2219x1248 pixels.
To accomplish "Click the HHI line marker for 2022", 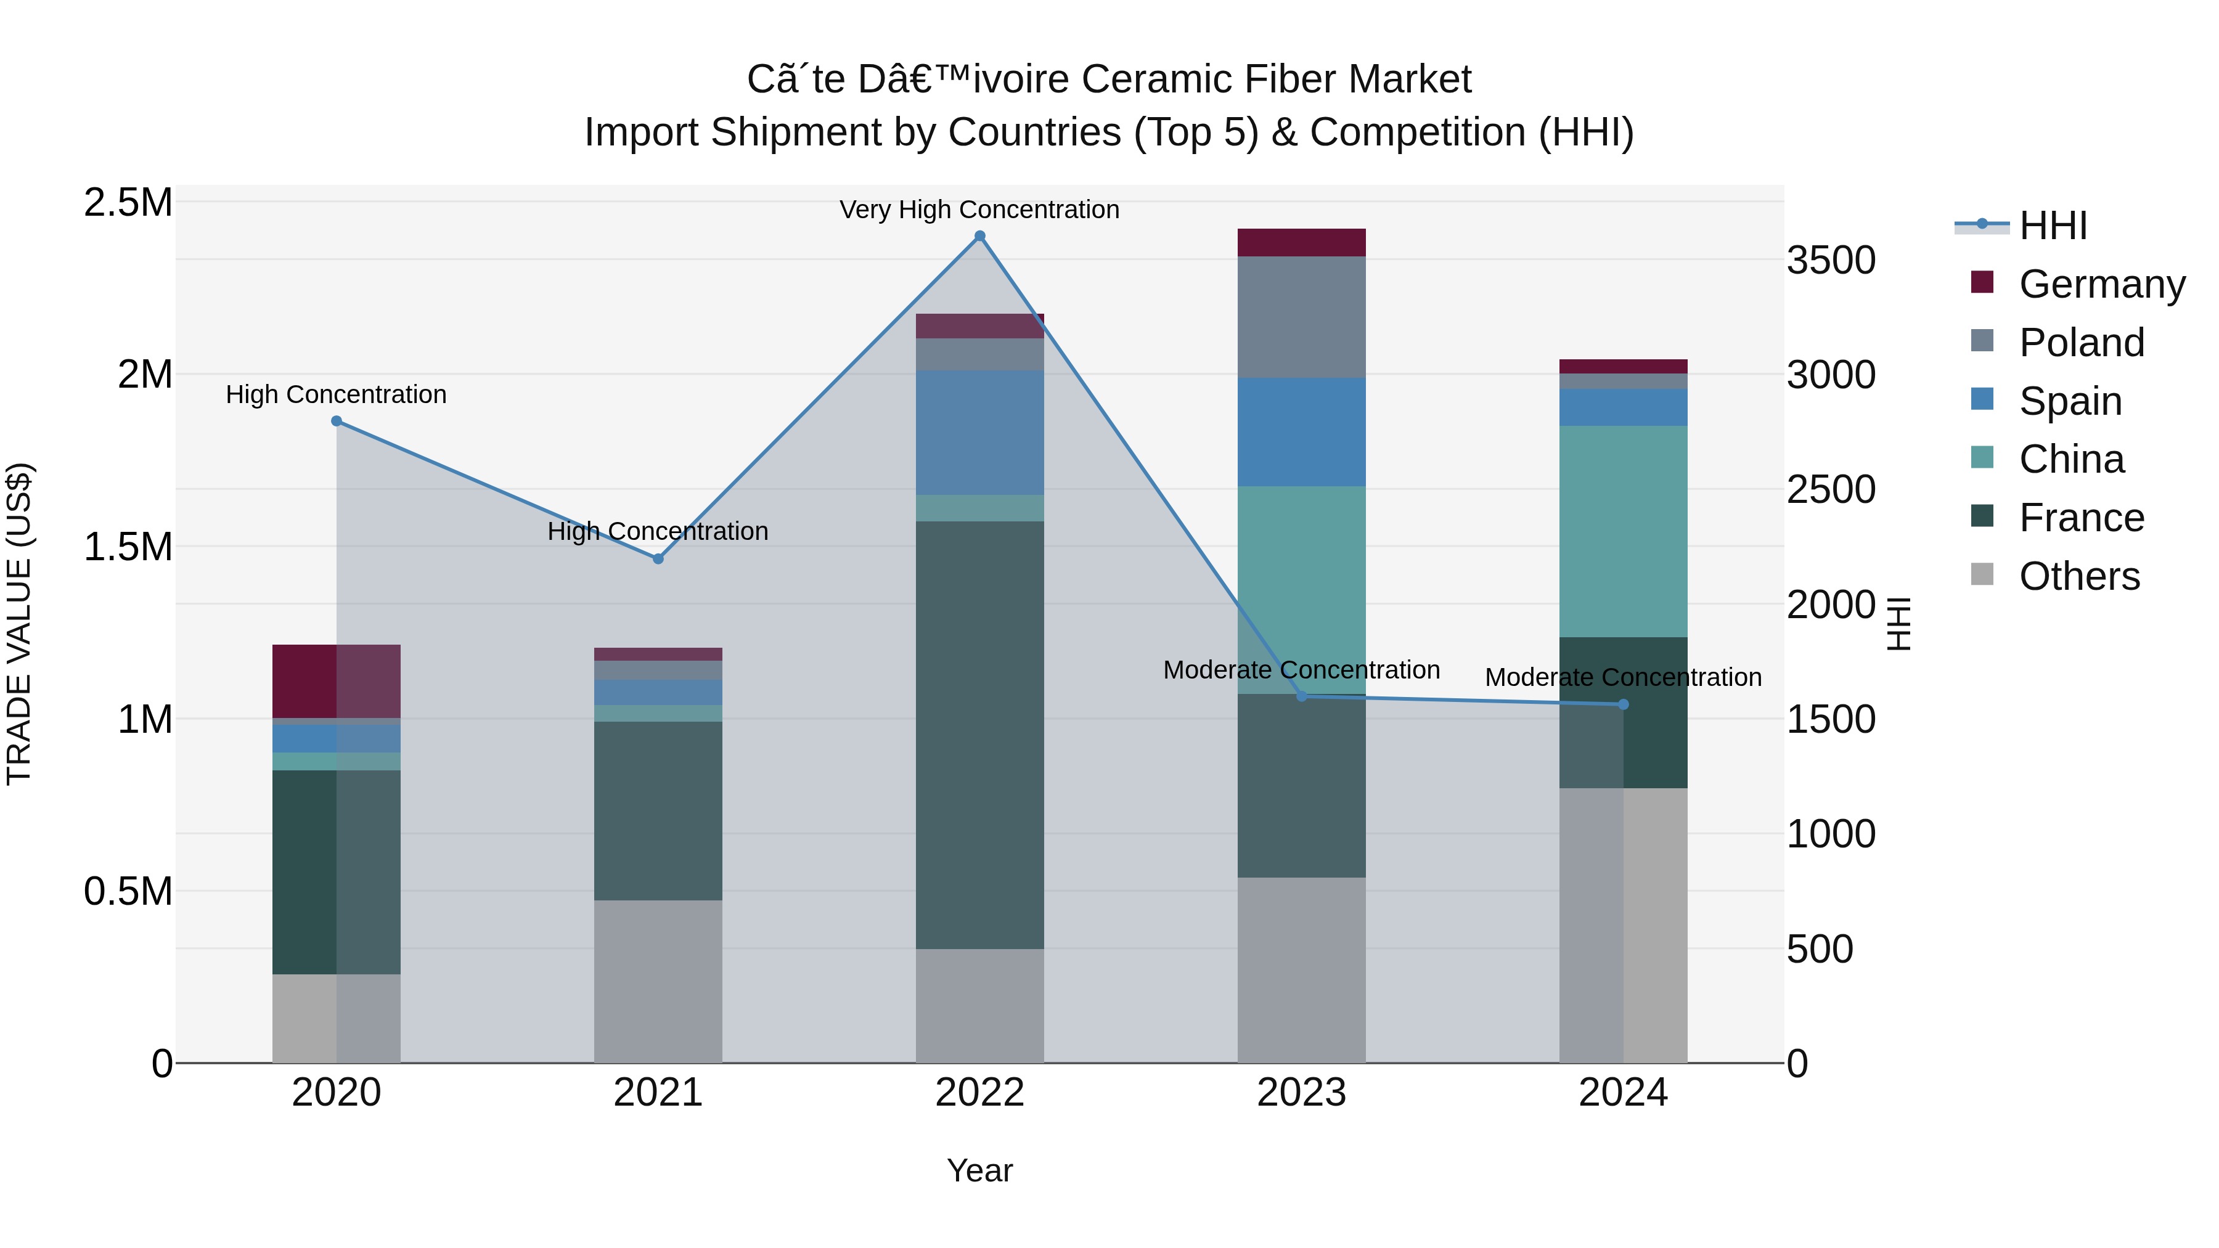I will click(x=979, y=236).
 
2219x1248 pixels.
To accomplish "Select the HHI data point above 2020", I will click(x=337, y=421).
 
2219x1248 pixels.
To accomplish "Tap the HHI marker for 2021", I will click(x=658, y=559).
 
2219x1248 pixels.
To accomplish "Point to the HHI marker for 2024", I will click(x=1624, y=704).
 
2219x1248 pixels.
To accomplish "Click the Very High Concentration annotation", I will click(x=979, y=210).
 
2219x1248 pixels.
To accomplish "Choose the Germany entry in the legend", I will click(x=2102, y=284).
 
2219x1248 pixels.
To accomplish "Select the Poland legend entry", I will click(x=2081, y=343).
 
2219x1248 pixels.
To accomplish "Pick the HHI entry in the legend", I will click(x=2053, y=226).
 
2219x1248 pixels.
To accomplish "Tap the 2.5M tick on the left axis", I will click(x=128, y=203).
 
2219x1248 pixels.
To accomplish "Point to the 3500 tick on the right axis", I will click(x=1831, y=260).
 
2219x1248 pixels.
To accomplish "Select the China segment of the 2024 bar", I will click(x=1624, y=531).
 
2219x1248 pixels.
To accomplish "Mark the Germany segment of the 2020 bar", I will click(x=336, y=680).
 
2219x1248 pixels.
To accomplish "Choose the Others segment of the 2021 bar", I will click(x=658, y=981).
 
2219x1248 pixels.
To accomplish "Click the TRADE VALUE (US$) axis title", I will click(x=20, y=624).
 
